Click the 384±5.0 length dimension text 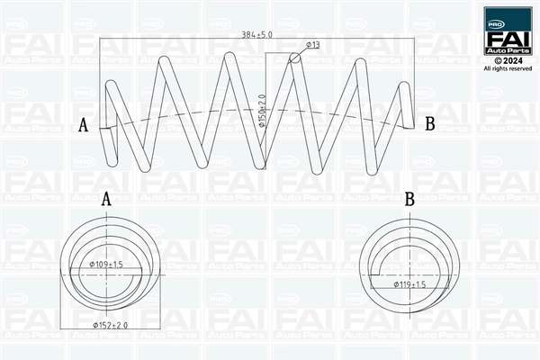tap(256, 34)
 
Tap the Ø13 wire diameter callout tap(313, 44)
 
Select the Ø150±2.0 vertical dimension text tap(263, 111)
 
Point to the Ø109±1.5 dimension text tap(106, 265)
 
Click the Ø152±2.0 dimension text tap(111, 325)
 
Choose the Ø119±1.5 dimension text tap(409, 284)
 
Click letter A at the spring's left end tap(84, 125)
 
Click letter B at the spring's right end tap(430, 123)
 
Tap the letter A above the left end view tap(106, 199)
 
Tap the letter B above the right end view tap(409, 199)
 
